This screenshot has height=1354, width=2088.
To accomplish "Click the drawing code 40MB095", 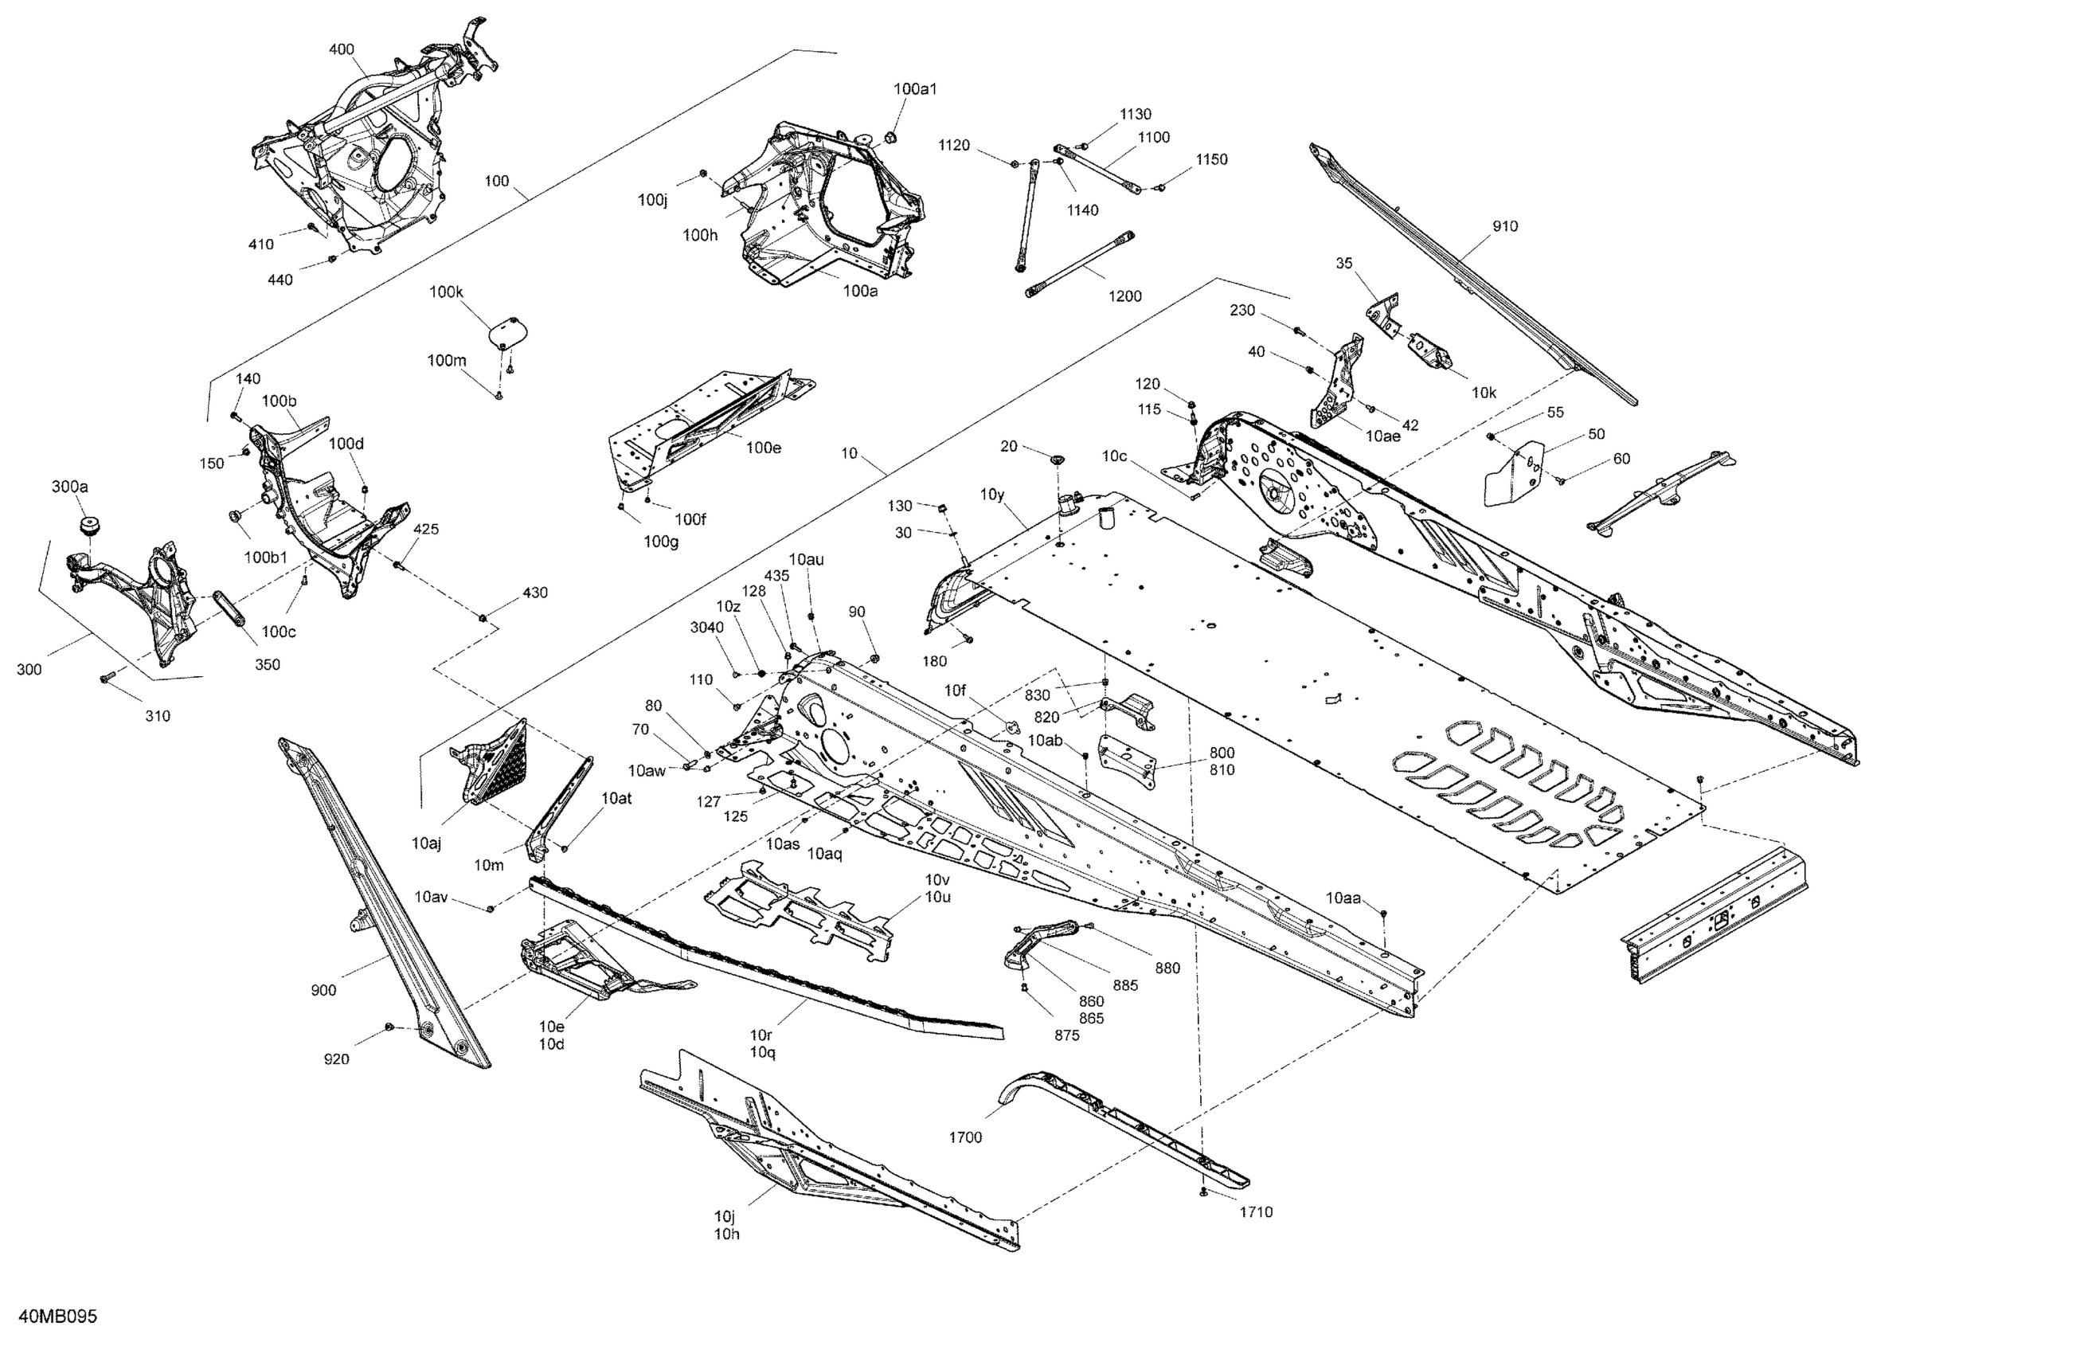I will (58, 1317).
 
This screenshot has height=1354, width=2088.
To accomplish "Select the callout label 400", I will (342, 49).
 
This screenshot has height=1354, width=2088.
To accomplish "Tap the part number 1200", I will (1124, 295).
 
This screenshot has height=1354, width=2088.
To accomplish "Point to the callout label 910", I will (1504, 226).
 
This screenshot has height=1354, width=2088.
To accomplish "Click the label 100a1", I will (915, 88).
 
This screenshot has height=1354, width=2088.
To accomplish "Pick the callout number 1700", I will (965, 1137).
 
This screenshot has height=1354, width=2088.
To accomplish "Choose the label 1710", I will (1256, 1212).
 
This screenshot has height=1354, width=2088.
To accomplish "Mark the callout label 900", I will (323, 991).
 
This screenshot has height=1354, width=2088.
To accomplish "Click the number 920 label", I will (336, 1059).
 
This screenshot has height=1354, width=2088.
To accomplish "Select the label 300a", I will (70, 486).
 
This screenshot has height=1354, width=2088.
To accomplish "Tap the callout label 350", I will (267, 664).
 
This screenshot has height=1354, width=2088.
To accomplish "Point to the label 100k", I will (446, 292).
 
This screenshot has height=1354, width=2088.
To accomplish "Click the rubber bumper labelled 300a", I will (88, 526).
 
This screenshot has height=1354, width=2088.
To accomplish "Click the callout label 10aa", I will (1343, 898).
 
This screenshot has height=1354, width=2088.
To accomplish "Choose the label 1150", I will (1210, 158).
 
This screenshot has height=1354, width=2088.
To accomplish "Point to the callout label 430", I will (534, 593).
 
